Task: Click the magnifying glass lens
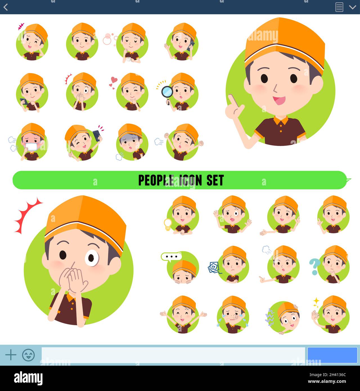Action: click(x=167, y=92)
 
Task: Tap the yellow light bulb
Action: click(x=168, y=224)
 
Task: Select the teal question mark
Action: click(x=314, y=266)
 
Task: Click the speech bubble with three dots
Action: click(x=171, y=257)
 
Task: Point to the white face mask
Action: click(x=31, y=147)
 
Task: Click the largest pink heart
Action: click(x=114, y=80)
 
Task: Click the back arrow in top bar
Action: click(x=6, y=7)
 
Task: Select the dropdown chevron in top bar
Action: click(x=352, y=7)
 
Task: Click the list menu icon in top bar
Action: click(x=339, y=7)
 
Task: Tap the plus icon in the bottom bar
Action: click(x=11, y=355)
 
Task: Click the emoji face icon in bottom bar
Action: click(x=28, y=355)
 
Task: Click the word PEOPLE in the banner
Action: click(x=156, y=180)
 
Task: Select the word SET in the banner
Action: click(x=215, y=180)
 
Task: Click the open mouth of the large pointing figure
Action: click(x=279, y=100)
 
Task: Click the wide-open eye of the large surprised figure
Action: click(x=92, y=258)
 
